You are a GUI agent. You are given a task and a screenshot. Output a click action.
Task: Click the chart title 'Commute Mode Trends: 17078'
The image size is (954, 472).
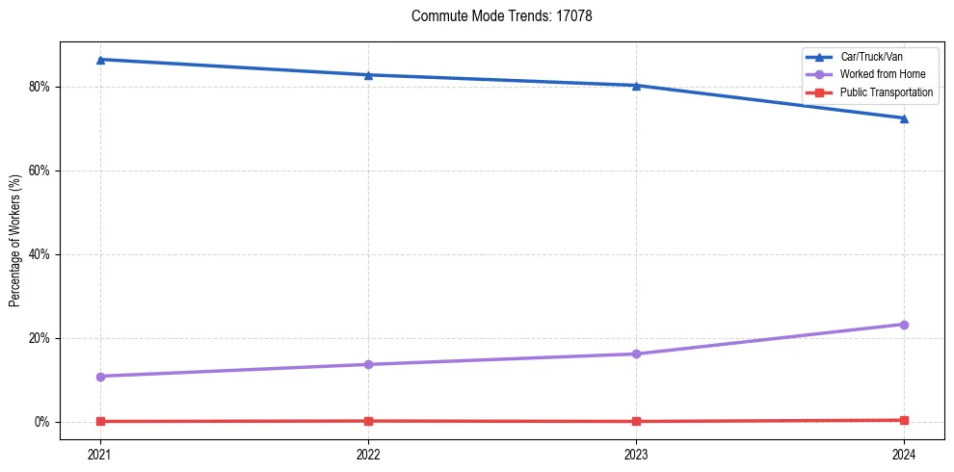pyautogui.click(x=494, y=16)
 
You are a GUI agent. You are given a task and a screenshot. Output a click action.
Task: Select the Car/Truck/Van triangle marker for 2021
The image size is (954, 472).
pyautogui.click(x=100, y=60)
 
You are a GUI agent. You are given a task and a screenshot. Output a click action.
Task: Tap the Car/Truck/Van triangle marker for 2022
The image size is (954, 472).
pyautogui.click(x=368, y=75)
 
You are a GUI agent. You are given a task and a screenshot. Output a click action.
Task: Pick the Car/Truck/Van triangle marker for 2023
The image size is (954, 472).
pyautogui.click(x=636, y=86)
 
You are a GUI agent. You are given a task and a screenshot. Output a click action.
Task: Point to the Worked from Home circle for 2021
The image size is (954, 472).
pyautogui.click(x=100, y=376)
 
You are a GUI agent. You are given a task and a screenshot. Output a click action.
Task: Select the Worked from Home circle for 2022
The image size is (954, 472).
pyautogui.click(x=368, y=364)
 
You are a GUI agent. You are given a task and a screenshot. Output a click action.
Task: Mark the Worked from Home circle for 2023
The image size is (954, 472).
pyautogui.click(x=636, y=354)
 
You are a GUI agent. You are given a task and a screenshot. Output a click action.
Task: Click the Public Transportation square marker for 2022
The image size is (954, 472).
pyautogui.click(x=368, y=421)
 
